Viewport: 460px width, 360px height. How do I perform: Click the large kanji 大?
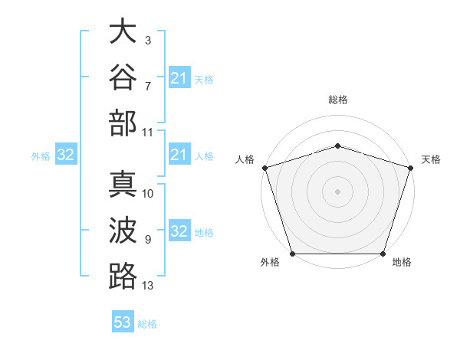pyautogui.click(x=123, y=31)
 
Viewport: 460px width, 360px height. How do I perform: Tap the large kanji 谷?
pyautogui.click(x=123, y=77)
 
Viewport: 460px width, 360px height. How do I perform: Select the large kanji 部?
pyautogui.click(x=123, y=123)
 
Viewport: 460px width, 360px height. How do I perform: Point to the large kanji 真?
pyautogui.click(x=123, y=184)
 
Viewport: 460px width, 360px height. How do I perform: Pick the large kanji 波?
pyautogui.click(x=123, y=230)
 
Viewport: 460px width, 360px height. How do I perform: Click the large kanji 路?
pyautogui.click(x=123, y=277)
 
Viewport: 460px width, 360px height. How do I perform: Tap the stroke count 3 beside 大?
pyautogui.click(x=148, y=41)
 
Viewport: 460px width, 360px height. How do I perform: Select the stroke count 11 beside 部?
pyautogui.click(x=147, y=133)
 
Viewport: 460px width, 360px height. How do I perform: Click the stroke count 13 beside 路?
pyautogui.click(x=147, y=286)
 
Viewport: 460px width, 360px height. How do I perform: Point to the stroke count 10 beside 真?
pyautogui.click(x=147, y=194)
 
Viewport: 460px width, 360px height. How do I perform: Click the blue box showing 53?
pyautogui.click(x=123, y=321)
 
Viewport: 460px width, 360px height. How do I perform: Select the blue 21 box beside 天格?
pyautogui.click(x=179, y=77)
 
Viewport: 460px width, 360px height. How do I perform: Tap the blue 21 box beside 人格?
pyautogui.click(x=179, y=154)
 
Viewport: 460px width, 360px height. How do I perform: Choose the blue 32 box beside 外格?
pyautogui.click(x=66, y=154)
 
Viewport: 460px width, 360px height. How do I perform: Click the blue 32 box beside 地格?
pyautogui.click(x=179, y=230)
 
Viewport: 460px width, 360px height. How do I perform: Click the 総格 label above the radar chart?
pyautogui.click(x=338, y=100)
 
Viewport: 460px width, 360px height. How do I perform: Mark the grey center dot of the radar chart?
pyautogui.click(x=337, y=191)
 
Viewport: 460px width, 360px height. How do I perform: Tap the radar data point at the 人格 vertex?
pyautogui.click(x=265, y=168)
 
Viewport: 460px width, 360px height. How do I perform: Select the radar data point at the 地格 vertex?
pyautogui.click(x=383, y=254)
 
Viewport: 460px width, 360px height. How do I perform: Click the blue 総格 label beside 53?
pyautogui.click(x=147, y=324)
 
